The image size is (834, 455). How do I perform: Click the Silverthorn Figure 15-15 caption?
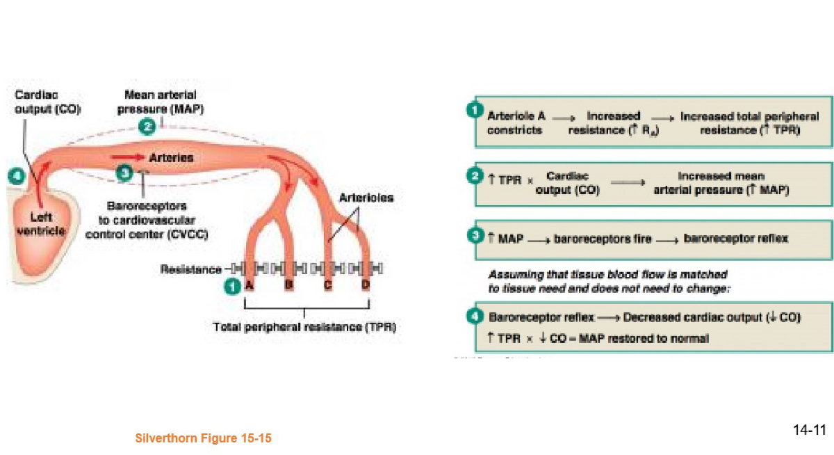203,438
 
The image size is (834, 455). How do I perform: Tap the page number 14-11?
809,430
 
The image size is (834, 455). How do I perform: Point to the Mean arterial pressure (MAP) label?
161,102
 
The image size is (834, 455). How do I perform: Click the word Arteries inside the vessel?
171,158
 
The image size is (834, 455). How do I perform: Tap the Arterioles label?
366,198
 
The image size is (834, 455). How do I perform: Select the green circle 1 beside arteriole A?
232,285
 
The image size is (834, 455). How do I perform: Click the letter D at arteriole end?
366,285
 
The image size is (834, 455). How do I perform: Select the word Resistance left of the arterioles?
191,269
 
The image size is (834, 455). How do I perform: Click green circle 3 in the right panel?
475,237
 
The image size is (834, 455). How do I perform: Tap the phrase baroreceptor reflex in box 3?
735,239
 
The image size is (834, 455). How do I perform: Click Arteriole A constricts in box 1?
515,123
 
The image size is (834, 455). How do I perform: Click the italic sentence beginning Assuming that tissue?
607,281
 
